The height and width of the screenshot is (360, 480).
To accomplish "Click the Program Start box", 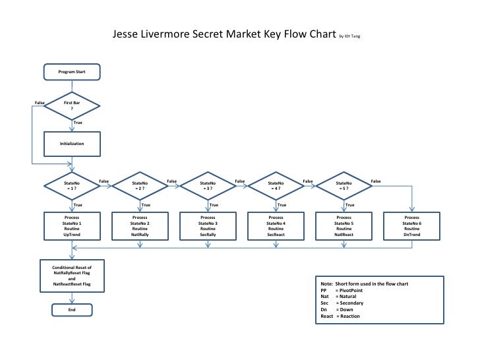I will (71, 71).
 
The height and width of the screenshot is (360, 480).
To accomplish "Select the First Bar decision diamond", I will (71, 106).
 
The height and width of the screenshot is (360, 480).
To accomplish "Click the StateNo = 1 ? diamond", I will (71, 185).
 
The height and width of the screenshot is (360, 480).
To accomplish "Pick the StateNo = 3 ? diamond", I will (208, 185).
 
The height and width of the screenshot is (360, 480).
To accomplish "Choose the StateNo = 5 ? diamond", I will (344, 185).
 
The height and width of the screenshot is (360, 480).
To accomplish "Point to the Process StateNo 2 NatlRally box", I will (140, 225).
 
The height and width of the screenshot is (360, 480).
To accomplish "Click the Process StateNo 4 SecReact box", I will (276, 225).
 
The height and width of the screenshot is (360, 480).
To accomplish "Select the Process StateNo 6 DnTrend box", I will (411, 225).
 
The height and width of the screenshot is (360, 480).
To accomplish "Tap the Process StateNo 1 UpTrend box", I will (71, 225).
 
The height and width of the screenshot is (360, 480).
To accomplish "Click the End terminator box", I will (71, 309).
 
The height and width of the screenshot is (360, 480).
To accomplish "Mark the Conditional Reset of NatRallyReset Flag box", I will (71, 276).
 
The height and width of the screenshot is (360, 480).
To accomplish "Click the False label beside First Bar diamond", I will (40, 103).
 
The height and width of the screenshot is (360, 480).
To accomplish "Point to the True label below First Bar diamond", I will (78, 123).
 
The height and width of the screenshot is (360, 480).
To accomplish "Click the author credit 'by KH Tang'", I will (350, 36).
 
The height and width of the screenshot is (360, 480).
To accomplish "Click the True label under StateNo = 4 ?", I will (282, 205).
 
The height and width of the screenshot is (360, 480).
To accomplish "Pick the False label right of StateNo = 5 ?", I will (376, 181).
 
